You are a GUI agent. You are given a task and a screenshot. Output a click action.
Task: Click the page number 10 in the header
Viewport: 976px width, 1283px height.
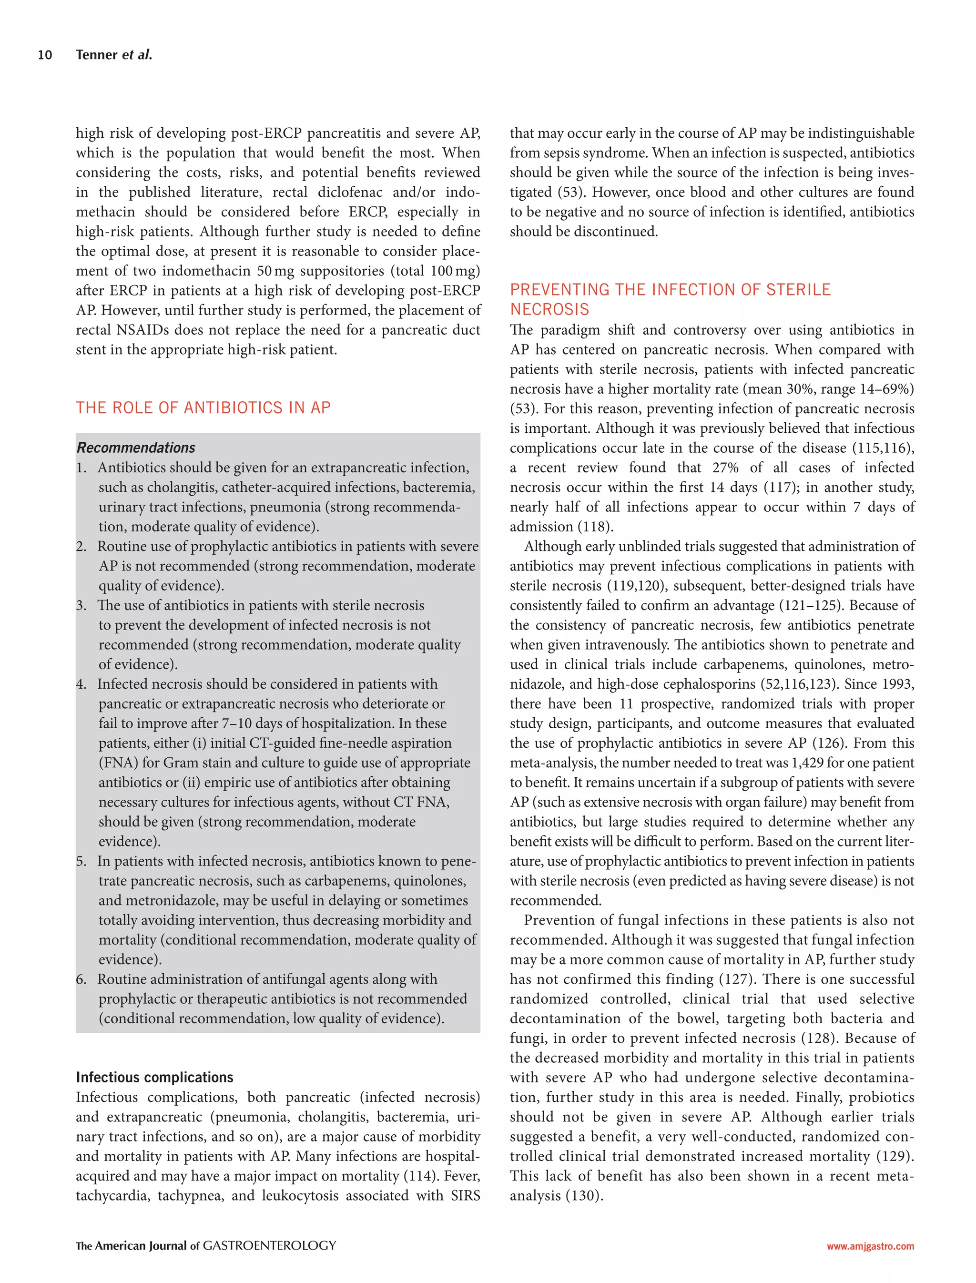(45, 55)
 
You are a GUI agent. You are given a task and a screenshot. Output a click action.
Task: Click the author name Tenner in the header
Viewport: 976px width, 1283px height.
(96, 55)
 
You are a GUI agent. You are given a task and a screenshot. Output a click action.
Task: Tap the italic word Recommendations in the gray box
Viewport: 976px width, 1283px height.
(135, 448)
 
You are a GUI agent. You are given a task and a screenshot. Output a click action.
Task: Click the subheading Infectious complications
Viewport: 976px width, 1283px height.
(154, 1077)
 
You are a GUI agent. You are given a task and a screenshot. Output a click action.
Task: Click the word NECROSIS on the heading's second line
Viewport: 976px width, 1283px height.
(549, 310)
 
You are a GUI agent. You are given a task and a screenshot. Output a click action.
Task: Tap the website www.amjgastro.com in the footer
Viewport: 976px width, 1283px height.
(870, 1246)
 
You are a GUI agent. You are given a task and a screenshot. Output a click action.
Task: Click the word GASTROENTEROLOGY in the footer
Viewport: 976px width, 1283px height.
(269, 1246)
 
